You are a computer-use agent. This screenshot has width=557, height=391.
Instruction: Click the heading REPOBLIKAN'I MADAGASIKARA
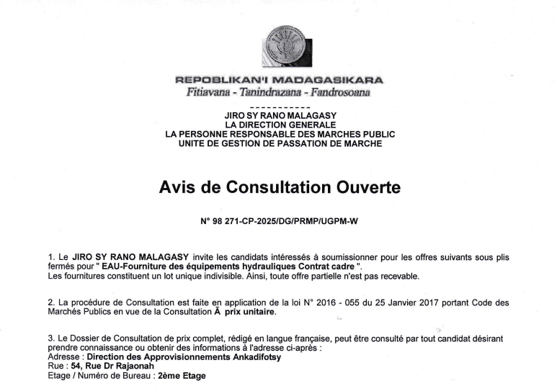pyautogui.click(x=280, y=80)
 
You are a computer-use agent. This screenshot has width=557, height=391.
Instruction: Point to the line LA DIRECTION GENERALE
pyautogui.click(x=278, y=125)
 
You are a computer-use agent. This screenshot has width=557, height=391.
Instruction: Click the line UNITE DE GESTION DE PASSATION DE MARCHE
pyautogui.click(x=280, y=144)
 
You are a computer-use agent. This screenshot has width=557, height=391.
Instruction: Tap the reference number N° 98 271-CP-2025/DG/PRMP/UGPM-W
pyautogui.click(x=279, y=222)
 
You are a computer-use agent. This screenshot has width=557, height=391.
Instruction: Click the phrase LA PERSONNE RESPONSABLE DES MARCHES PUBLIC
pyautogui.click(x=280, y=135)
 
